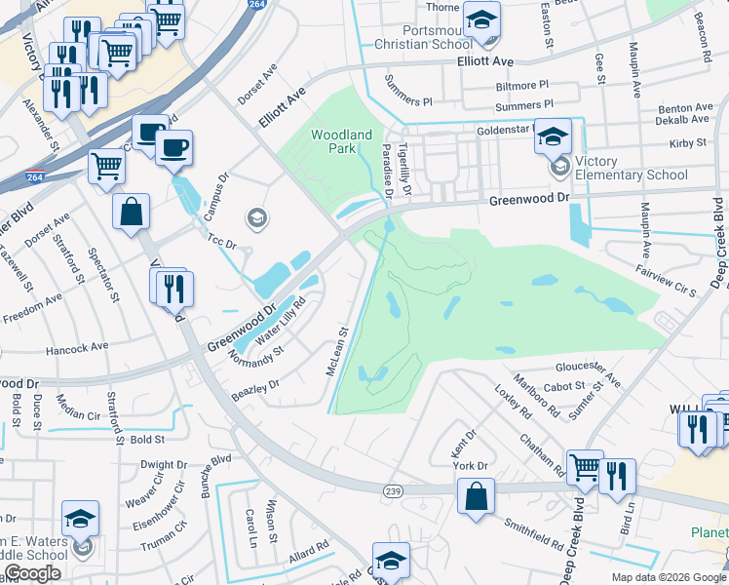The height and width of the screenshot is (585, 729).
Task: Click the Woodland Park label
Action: pos(341,141)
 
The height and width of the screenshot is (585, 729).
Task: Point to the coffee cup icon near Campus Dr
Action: pos(173,149)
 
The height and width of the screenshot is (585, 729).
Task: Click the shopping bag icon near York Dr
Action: pos(475,497)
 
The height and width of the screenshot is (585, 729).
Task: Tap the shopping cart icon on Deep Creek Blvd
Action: pos(584,469)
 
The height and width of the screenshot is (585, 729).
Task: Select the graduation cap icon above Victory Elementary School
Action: pos(553,137)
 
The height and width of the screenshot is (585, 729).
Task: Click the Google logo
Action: pos(32,573)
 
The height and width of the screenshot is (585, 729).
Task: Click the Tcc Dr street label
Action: pos(222,240)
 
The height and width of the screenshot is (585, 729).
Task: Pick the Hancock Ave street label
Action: pos(76,347)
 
